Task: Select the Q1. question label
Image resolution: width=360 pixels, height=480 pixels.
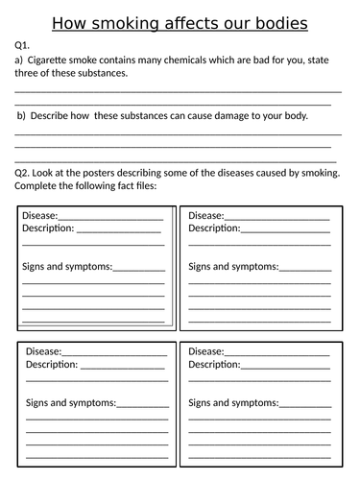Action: (23, 45)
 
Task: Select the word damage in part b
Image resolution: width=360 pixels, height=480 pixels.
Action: (228, 116)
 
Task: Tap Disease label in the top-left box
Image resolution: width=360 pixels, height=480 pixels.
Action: (39, 215)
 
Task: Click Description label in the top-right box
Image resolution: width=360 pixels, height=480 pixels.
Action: (214, 228)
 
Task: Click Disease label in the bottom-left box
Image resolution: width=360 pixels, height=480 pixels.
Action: (43, 351)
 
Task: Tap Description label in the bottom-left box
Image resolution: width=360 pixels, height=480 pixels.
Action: (51, 365)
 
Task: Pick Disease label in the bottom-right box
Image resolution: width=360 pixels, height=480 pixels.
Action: (207, 351)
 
